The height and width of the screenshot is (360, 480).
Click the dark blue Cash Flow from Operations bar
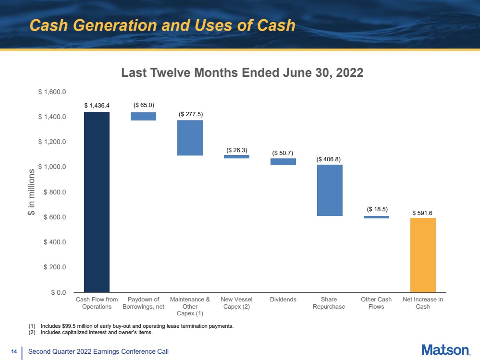pos(97,202)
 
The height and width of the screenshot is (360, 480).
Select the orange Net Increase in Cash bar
pos(423,254)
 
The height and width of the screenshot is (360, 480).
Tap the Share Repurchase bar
pos(329,191)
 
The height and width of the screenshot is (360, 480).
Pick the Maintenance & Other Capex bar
pos(190,138)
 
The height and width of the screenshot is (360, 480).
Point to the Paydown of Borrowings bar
pos(143,116)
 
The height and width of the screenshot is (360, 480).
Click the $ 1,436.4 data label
pos(97,105)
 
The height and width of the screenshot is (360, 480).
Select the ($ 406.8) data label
pos(329,158)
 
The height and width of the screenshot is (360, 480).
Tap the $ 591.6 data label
pos(423,212)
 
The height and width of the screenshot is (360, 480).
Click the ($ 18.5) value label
pos(377,209)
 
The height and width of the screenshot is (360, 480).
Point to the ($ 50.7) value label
pos(283,152)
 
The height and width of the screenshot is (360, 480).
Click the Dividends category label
pos(283,300)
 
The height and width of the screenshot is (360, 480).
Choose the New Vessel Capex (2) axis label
pos(236,303)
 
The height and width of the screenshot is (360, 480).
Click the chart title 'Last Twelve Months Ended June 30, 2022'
pos(242,73)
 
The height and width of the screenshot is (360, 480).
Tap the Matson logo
pos(446,350)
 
